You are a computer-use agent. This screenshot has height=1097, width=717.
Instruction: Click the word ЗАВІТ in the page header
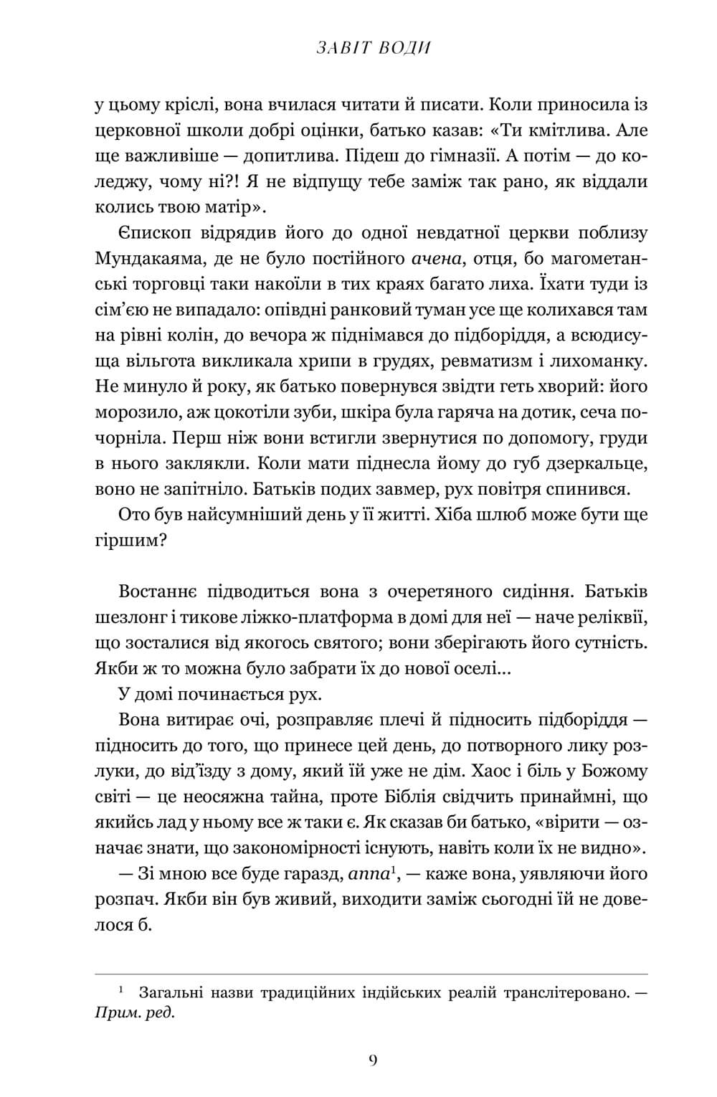point(341,49)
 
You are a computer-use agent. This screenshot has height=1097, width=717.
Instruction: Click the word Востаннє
point(157,592)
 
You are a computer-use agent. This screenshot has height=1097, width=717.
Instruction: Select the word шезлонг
point(123,617)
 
